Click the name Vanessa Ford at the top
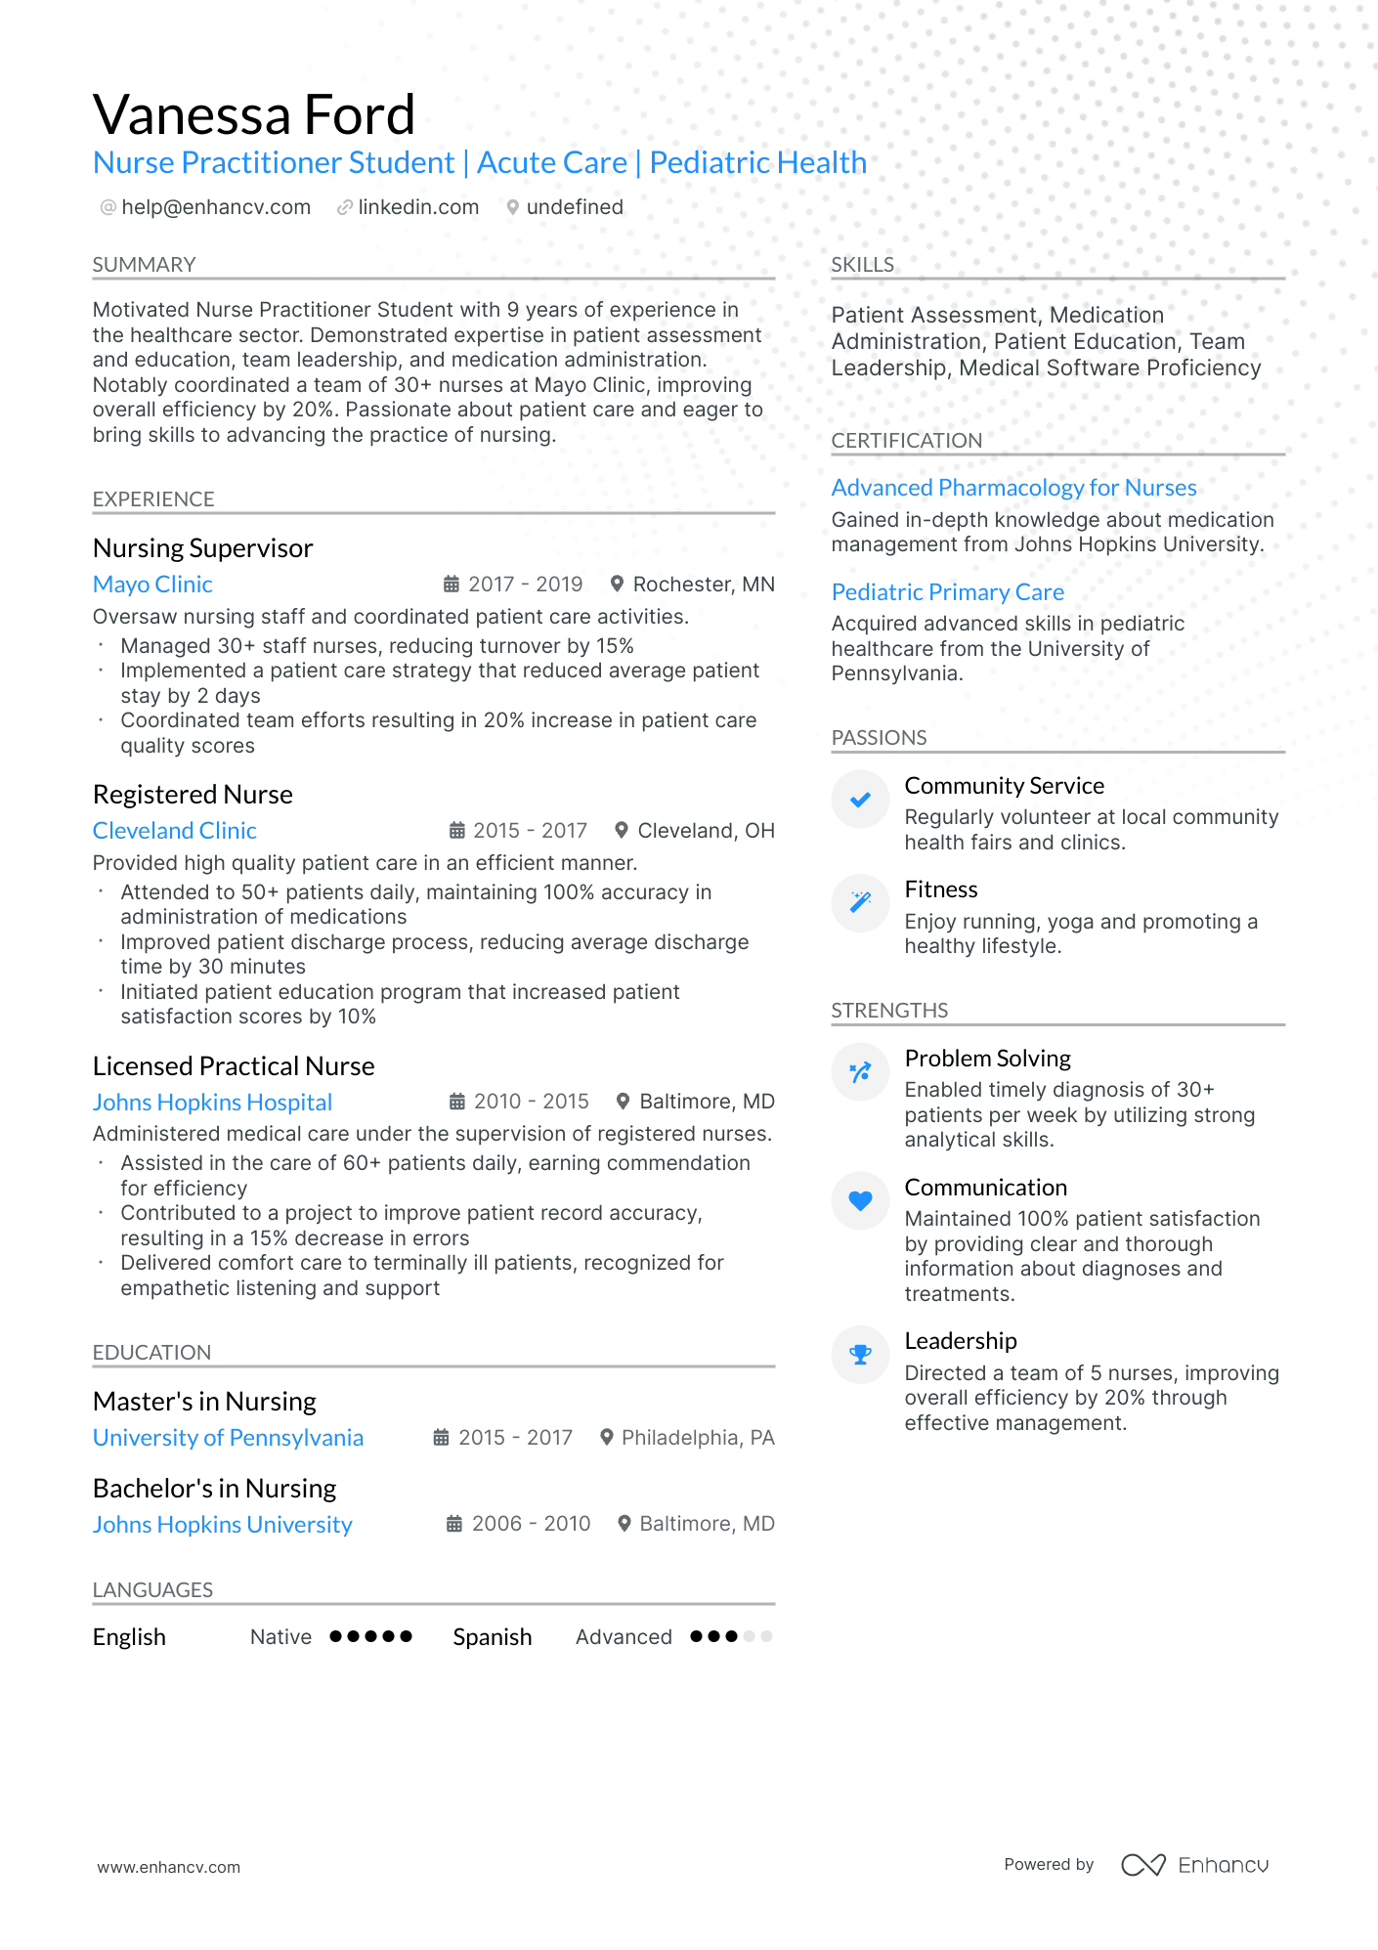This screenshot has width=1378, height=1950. click(x=254, y=115)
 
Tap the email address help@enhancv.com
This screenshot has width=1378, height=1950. click(x=216, y=207)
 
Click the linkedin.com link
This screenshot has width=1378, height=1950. click(x=418, y=207)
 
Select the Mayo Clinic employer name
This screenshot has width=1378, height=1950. click(x=152, y=585)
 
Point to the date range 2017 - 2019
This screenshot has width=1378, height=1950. click(x=525, y=585)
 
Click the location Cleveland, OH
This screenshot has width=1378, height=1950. click(x=706, y=831)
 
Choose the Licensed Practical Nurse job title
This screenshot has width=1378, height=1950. click(x=234, y=1066)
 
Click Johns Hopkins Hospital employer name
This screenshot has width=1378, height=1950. click(x=212, y=1103)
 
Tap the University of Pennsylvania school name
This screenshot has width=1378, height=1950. click(x=228, y=1438)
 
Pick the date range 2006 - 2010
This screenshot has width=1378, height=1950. click(x=531, y=1524)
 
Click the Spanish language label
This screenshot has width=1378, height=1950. click(x=492, y=1637)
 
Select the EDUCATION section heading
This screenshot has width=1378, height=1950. click(x=151, y=1353)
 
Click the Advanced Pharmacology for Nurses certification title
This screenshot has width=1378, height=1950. click(x=1013, y=488)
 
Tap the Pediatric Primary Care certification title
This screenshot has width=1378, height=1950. click(x=947, y=592)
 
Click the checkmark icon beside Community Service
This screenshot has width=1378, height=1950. click(x=860, y=801)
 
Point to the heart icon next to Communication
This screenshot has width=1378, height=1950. click(x=860, y=1200)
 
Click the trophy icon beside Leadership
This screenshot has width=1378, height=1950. click(x=860, y=1355)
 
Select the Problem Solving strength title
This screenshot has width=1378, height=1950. click(x=987, y=1059)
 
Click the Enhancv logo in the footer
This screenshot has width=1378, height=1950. click(x=1194, y=1865)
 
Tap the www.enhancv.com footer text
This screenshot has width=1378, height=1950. click(x=168, y=1867)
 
